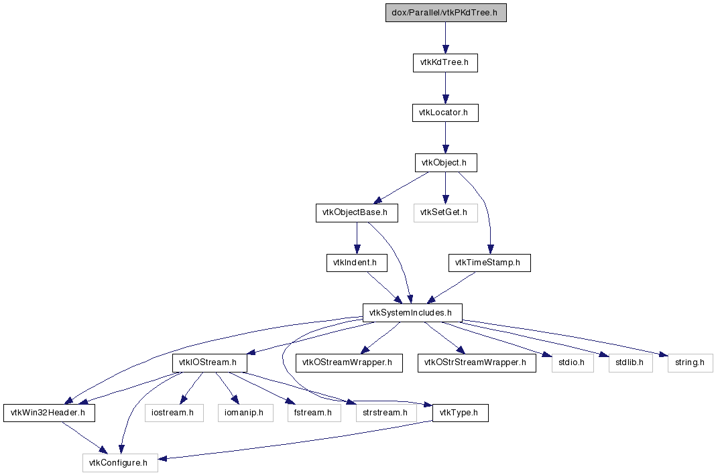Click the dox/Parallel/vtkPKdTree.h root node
446,13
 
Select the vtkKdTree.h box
445,62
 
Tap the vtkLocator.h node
445,113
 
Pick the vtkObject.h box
446,163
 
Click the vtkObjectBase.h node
357,212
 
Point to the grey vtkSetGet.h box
446,212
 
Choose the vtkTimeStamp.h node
489,263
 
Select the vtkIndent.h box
357,263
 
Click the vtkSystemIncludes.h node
412,313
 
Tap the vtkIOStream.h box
210,362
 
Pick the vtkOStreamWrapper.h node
349,362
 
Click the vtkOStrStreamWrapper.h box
477,362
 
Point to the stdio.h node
573,362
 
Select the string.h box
690,362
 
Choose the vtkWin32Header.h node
50,413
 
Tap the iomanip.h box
245,413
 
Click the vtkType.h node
461,413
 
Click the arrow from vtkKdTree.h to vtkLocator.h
445,88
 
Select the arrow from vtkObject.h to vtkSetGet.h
446,188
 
